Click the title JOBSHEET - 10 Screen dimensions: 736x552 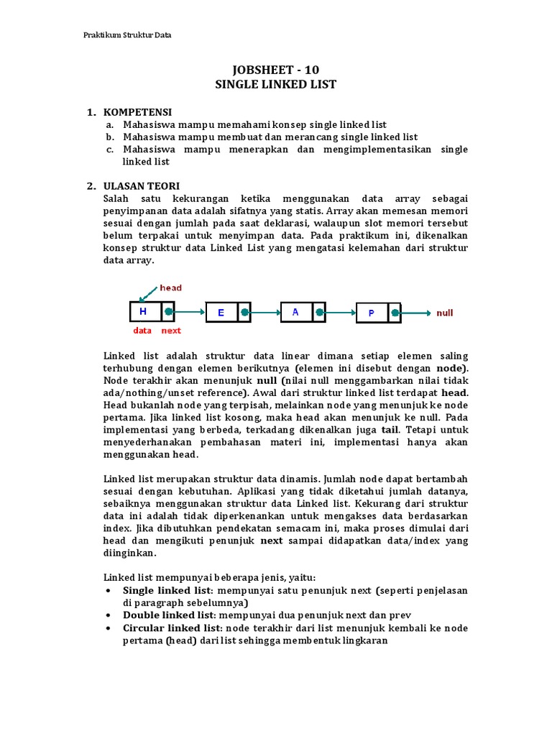click(x=275, y=70)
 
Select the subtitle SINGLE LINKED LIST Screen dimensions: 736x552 click(x=275, y=84)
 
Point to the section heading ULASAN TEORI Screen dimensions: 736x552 click(x=142, y=186)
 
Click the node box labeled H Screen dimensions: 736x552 click(x=144, y=312)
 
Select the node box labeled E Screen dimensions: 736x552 click(x=221, y=313)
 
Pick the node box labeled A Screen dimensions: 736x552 click(x=295, y=313)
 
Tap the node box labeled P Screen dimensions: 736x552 click(x=372, y=313)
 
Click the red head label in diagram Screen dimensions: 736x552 click(x=170, y=287)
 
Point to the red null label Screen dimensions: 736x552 click(x=445, y=313)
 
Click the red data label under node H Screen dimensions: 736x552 click(x=142, y=331)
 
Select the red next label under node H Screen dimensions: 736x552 click(x=171, y=331)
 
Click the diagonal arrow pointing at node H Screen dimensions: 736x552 click(x=149, y=293)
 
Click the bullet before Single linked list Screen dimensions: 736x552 click(x=108, y=591)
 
